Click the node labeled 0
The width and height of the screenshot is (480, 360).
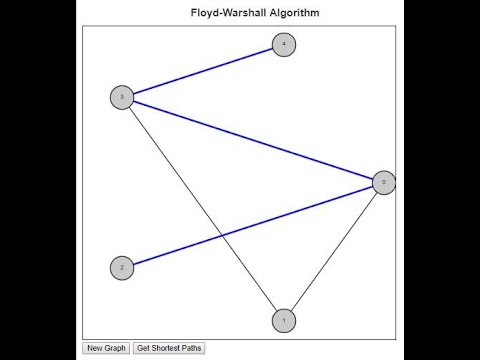pos(383,182)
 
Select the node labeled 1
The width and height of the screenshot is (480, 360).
pos(284,320)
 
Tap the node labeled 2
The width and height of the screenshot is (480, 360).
pos(121,268)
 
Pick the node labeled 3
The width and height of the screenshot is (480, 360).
pos(121,97)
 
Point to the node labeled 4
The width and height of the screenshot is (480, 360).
pos(284,45)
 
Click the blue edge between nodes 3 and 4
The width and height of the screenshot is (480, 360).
pos(203,71)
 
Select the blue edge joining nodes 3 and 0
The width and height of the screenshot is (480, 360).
pos(252,140)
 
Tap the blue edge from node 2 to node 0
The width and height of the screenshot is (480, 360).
pos(290,212)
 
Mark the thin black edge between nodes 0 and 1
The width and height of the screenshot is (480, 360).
pos(334,251)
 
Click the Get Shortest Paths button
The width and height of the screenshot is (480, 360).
pos(169,348)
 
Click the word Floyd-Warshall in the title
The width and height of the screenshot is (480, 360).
pos(223,13)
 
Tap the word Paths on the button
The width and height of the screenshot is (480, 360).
pos(192,348)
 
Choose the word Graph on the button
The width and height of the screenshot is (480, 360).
pos(115,348)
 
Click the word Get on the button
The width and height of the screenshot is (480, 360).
pos(143,348)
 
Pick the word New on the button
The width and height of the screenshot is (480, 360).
pos(95,348)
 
